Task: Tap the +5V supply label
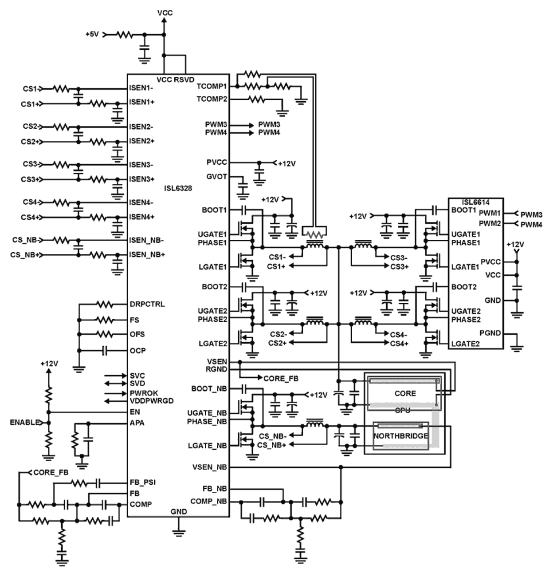pos(93,34)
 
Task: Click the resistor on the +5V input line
pos(125,34)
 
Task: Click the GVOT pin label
pos(216,177)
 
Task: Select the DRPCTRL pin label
pos(147,305)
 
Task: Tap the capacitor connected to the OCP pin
pos(105,351)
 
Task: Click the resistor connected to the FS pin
pos(105,320)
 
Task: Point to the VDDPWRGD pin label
pos(152,401)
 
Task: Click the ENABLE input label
pos(25,423)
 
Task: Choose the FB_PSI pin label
pos(142,482)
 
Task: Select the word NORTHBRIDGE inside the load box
pos(400,436)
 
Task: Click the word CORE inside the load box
pos(405,393)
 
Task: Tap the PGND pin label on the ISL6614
pos(490,333)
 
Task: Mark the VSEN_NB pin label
pos(210,467)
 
